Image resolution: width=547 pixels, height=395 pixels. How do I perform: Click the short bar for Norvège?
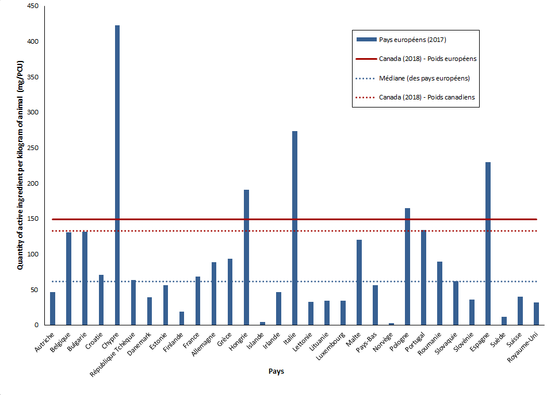click(391, 324)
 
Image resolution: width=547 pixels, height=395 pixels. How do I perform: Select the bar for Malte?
click(359, 282)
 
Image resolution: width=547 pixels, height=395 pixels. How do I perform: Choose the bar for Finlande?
click(182, 319)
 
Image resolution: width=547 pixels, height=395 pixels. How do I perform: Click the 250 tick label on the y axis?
click(33, 148)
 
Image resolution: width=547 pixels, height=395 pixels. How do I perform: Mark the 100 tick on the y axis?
click(33, 254)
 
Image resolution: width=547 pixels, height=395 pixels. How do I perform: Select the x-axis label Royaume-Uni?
click(526, 347)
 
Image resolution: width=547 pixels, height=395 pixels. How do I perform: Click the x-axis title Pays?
click(276, 371)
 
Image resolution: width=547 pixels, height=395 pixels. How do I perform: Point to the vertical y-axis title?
click(20, 167)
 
